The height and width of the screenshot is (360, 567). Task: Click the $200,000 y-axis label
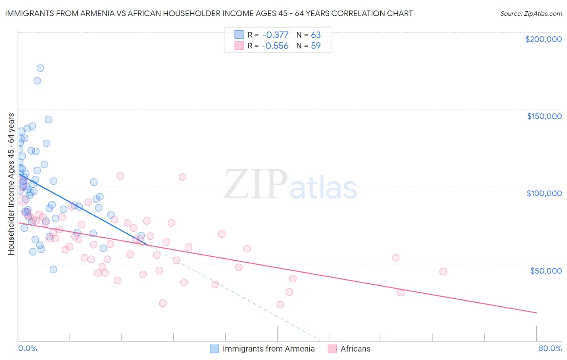tap(543, 39)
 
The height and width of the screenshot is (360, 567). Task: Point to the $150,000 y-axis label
tap(544, 116)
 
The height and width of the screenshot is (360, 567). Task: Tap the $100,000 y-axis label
tap(544, 193)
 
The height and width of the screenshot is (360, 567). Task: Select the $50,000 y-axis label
tap(546, 270)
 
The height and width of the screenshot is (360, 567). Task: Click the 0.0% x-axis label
tap(27, 348)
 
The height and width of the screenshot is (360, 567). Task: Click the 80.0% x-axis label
tap(550, 348)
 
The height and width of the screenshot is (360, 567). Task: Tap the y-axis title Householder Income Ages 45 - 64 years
tap(11, 184)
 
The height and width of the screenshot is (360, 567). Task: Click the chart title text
tap(208, 13)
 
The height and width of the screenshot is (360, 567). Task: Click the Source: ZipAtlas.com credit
tap(531, 13)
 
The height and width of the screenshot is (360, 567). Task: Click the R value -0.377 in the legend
tap(275, 35)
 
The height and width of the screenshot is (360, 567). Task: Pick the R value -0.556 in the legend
tap(275, 46)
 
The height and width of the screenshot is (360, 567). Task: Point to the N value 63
tap(316, 35)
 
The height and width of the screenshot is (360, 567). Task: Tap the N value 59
tap(316, 46)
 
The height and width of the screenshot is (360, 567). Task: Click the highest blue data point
tap(40, 68)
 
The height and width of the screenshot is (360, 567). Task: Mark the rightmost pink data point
tap(443, 271)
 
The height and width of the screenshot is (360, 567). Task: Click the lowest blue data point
tap(53, 269)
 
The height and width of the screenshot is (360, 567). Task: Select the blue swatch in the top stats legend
tap(239, 35)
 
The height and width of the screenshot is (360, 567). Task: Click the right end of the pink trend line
tap(536, 313)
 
